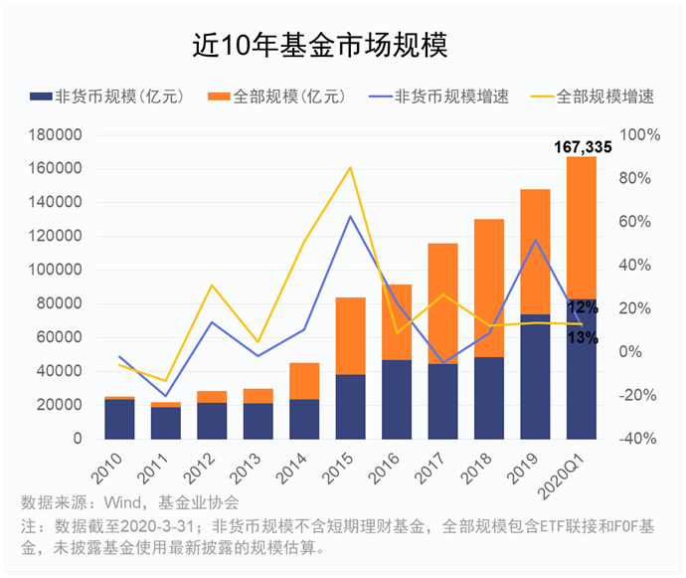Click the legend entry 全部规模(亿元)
[x=277, y=96]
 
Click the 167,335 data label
[x=583, y=147]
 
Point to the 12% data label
[x=583, y=307]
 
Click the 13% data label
[x=583, y=338]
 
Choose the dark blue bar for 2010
[x=119, y=419]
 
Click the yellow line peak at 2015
[x=350, y=167]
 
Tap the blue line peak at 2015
[x=350, y=216]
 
